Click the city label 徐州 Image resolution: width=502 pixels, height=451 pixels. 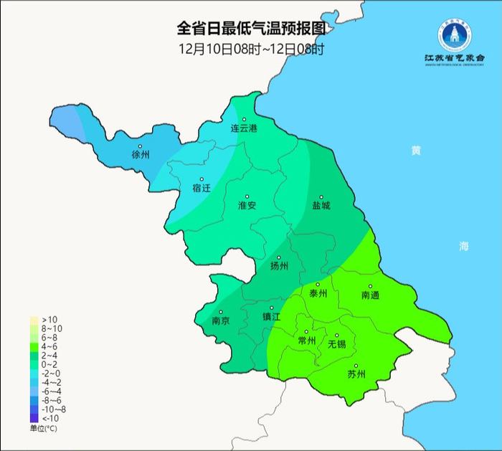[141, 154]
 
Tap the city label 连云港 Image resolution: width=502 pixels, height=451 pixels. [243, 129]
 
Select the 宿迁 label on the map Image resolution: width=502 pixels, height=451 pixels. [202, 189]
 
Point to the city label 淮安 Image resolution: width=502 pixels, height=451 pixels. [247, 206]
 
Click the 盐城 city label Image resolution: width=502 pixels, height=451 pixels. [321, 206]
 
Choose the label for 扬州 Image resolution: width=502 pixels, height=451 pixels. [279, 266]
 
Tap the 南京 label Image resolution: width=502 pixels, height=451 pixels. [221, 322]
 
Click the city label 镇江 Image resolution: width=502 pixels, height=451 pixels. [271, 316]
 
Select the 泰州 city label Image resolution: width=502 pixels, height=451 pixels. [318, 294]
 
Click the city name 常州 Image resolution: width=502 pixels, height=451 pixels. [306, 341]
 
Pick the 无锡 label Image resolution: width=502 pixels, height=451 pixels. [336, 344]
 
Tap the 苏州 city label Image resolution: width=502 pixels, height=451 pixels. [356, 374]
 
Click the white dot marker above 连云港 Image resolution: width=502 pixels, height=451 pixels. [244, 120]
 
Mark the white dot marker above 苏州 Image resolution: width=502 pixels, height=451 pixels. [356, 366]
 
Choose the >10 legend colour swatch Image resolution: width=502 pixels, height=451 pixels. [34, 320]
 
